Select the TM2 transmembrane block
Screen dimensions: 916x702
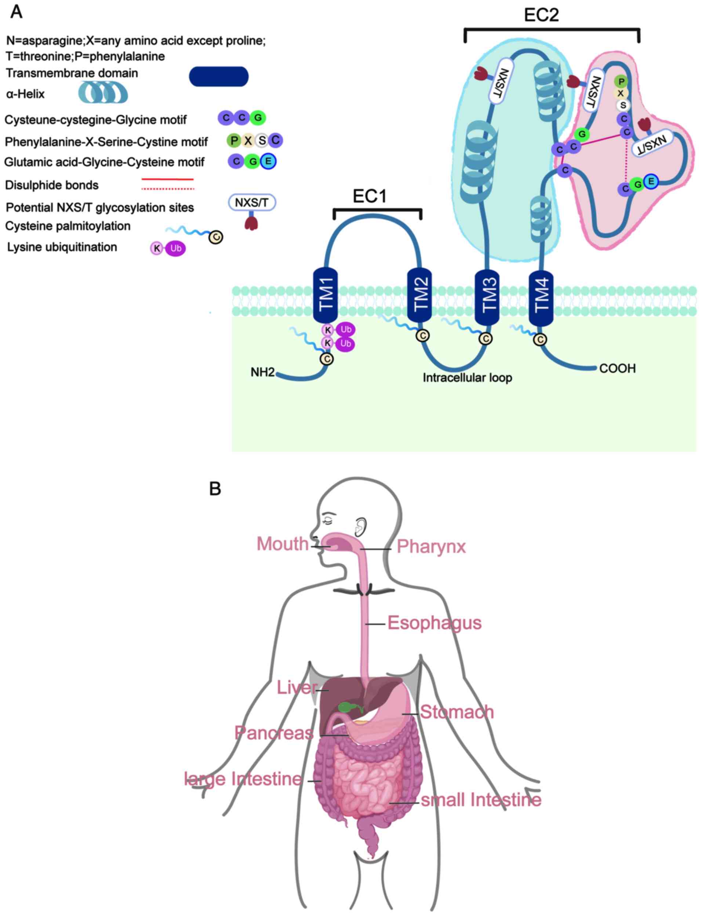[419, 295]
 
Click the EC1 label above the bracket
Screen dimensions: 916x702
[370, 197]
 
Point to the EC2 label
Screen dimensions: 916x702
[541, 15]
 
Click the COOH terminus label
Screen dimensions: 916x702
[617, 369]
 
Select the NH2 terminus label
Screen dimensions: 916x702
[262, 372]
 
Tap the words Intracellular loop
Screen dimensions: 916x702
[467, 378]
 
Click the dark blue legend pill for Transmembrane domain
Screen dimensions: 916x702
[219, 77]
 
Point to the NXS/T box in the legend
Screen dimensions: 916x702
[251, 203]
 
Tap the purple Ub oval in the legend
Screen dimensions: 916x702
[175, 248]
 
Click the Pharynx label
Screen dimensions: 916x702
[431, 546]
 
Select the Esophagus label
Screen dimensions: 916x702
[434, 623]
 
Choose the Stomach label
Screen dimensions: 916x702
[457, 712]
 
